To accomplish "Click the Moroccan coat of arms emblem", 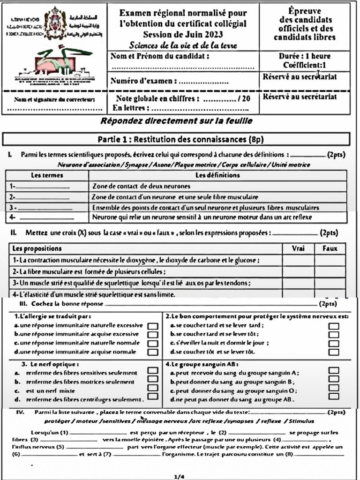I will (x=55, y=18).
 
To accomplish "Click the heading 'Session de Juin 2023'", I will (x=183, y=34).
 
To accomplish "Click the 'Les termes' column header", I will (x=47, y=175).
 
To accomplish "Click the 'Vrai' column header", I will (x=298, y=248).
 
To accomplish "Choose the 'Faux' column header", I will (x=330, y=248).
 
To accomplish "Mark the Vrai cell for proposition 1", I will (x=298, y=260).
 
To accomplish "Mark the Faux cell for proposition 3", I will (x=330, y=283).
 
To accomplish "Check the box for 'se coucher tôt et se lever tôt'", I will (x=333, y=352).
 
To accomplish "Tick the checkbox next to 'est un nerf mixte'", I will (x=152, y=388).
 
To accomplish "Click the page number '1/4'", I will (x=180, y=477).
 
